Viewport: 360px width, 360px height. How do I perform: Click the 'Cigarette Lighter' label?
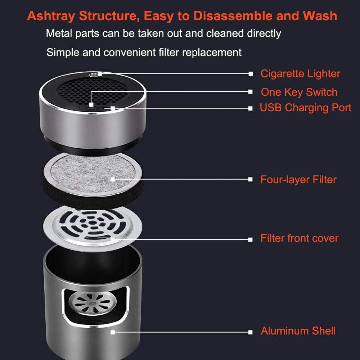pyautogui.click(x=300, y=74)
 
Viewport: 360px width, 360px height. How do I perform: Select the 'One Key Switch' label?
pyautogui.click(x=299, y=92)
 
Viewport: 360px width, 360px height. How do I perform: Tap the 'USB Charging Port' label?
pyautogui.click(x=305, y=108)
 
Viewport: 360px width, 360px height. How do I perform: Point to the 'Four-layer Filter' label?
pyautogui.click(x=298, y=179)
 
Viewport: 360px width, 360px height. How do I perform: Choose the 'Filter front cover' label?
pyautogui.click(x=299, y=238)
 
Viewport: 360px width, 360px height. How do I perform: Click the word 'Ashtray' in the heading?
pyautogui.click(x=51, y=16)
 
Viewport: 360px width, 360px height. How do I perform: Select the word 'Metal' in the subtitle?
pyautogui.click(x=59, y=33)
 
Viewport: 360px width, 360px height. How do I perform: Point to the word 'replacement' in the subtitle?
pyautogui.click(x=212, y=53)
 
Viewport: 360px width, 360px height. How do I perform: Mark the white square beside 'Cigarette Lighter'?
pyautogui.click(x=251, y=74)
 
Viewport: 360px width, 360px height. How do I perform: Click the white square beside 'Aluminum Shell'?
pyautogui.click(x=251, y=332)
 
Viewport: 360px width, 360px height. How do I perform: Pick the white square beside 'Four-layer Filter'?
pyautogui.click(x=251, y=179)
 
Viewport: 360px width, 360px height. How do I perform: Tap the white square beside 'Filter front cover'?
pyautogui.click(x=251, y=239)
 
